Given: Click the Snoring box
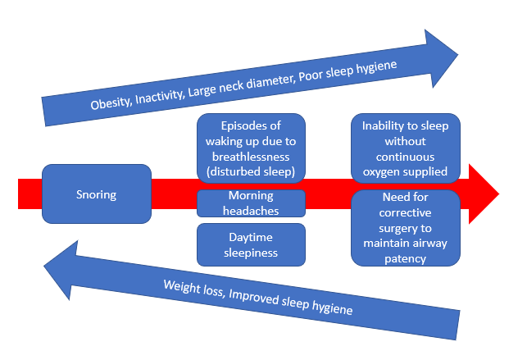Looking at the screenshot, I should pos(97,195).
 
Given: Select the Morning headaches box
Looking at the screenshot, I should pos(251,203).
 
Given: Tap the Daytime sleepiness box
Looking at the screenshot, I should pos(251,244).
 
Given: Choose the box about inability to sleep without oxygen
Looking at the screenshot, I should pos(405,148).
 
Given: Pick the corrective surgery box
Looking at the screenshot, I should pos(405,228).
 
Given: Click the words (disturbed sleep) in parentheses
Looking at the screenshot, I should pos(251,171).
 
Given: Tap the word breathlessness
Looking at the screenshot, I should pos(251,157).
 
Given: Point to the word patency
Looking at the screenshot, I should pos(405,258).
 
